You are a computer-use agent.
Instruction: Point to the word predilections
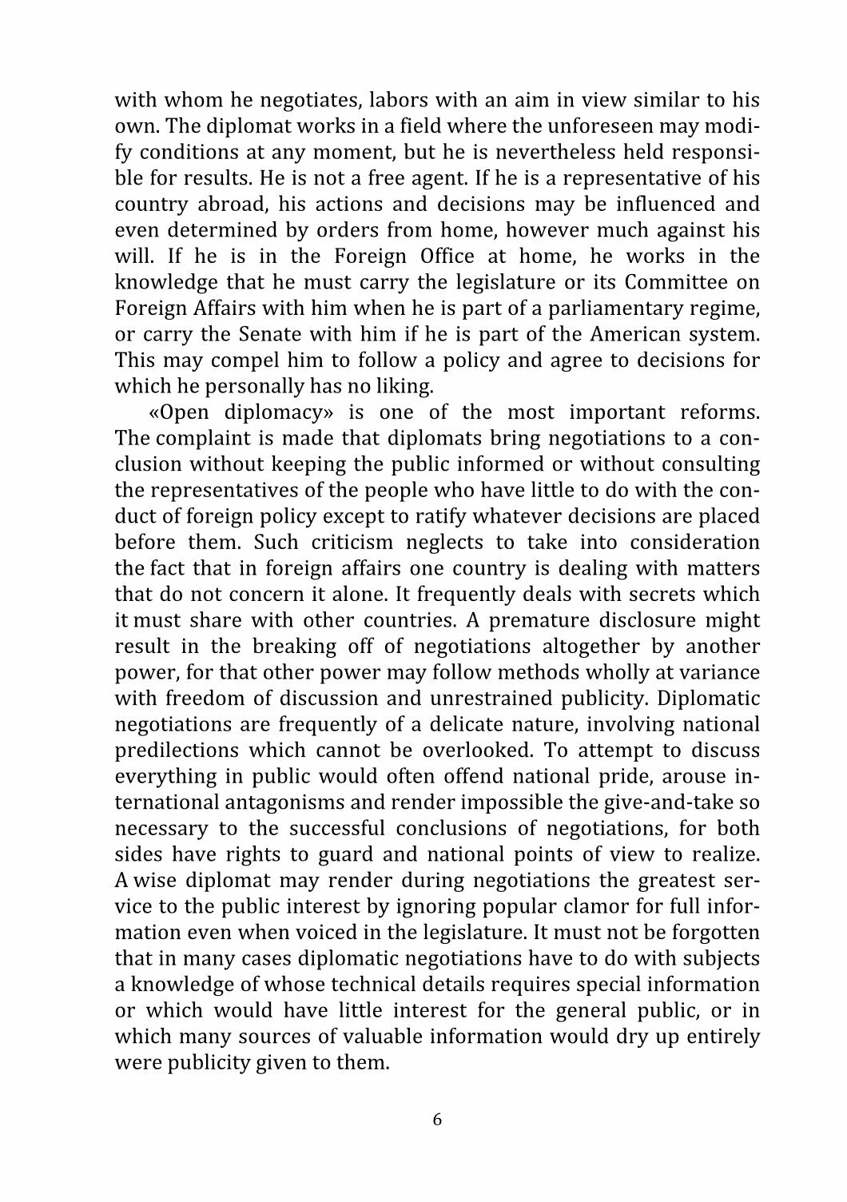point(177,751)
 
